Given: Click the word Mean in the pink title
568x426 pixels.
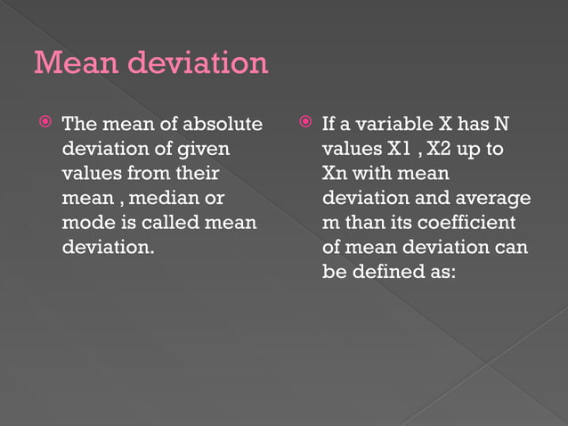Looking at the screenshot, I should [75, 62].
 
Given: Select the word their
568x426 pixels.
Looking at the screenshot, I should [197, 173].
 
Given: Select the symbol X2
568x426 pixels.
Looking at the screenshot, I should [447, 148].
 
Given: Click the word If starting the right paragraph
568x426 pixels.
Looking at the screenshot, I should [329, 124].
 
